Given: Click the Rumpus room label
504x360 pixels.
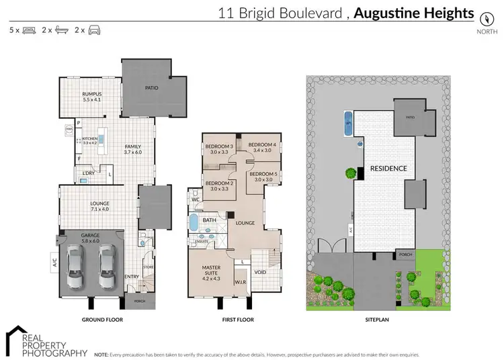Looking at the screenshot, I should (91, 96).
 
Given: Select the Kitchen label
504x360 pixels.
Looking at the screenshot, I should (89, 140).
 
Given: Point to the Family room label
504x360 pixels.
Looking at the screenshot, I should (132, 149).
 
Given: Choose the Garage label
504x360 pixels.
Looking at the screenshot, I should (90, 236).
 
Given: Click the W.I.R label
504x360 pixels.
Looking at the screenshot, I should (241, 283).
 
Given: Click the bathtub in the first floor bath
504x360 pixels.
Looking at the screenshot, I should (194, 222).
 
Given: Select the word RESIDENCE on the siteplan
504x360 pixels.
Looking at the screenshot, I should (388, 169).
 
